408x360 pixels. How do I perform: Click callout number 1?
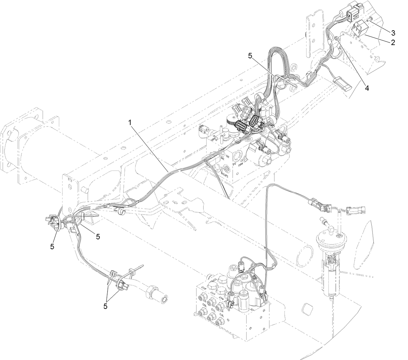pyautogui.click(x=130, y=123)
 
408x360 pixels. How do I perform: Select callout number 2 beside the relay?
pyautogui.click(x=393, y=42)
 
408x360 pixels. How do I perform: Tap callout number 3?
pyautogui.click(x=393, y=33)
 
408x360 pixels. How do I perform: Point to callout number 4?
pyautogui.click(x=367, y=88)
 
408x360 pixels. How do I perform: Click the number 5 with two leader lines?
pyautogui.click(x=106, y=306)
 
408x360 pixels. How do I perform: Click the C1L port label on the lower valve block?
pyautogui.click(x=213, y=310)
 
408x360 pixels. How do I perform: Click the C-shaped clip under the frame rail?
pyautogui.click(x=120, y=212)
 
